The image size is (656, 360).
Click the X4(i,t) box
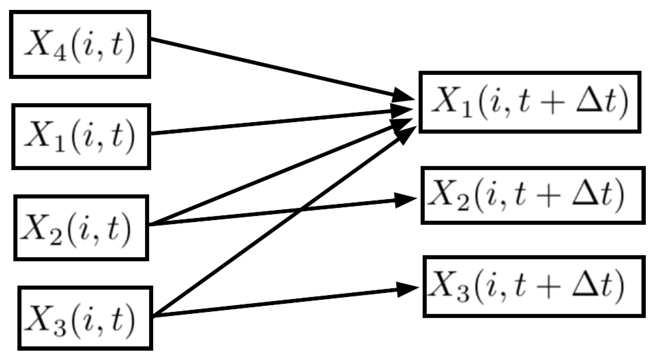[80, 44]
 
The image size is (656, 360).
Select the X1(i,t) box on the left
[81, 137]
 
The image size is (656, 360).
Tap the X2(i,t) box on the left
[81, 228]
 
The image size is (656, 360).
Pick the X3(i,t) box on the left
[85, 318]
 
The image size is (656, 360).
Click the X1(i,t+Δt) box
[530, 102]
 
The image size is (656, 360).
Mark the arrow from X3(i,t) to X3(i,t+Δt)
[274, 303]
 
